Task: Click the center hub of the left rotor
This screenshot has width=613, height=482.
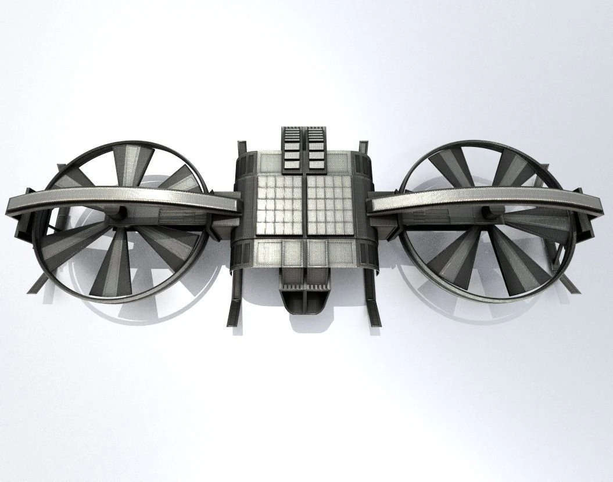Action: click(x=119, y=216)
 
